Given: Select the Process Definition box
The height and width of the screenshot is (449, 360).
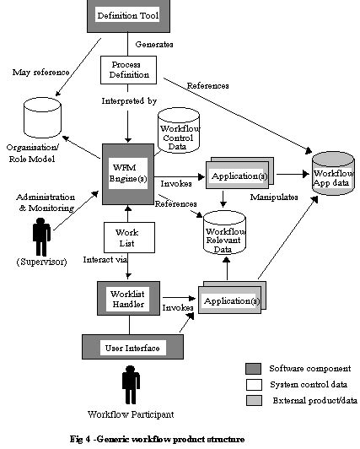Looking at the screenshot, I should pyautogui.click(x=126, y=69).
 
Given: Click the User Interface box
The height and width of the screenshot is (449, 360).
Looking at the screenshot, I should pyautogui.click(x=126, y=347).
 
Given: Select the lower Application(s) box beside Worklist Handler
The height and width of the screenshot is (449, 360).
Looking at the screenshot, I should pyautogui.click(x=228, y=301).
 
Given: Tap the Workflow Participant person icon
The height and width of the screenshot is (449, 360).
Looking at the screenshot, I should pyautogui.click(x=129, y=387).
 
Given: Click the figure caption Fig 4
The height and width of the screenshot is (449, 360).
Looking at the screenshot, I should pyautogui.click(x=157, y=439).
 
